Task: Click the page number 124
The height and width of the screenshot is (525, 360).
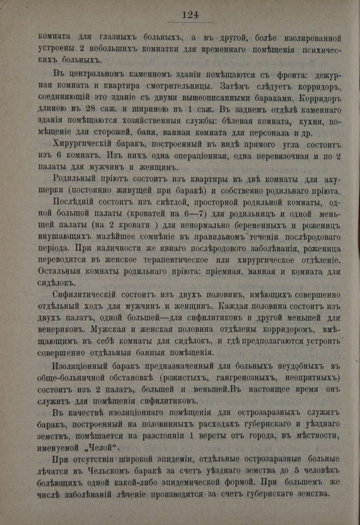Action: [190, 15]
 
